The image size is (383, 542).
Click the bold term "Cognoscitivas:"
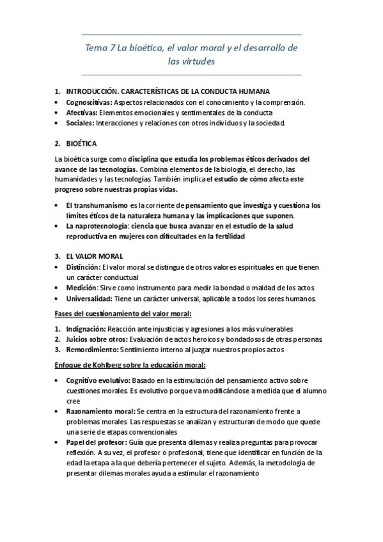pyautogui.click(x=89, y=102)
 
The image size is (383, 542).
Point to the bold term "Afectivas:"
pyautogui.click(x=82, y=112)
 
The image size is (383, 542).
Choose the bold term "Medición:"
pyautogui.click(x=81, y=288)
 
